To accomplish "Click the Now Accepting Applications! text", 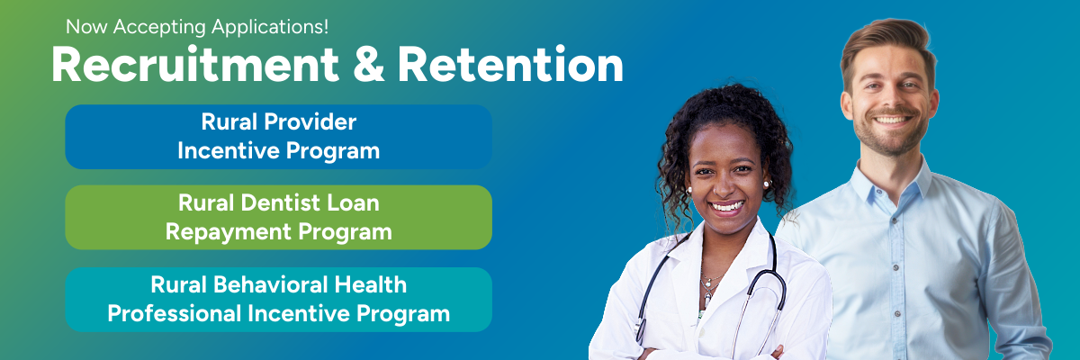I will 197,27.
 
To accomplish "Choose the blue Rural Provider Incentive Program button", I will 278,137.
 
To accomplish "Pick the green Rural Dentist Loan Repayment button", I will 278,218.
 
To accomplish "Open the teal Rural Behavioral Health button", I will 278,300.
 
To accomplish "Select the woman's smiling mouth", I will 727,206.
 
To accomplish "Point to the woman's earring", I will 768,184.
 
